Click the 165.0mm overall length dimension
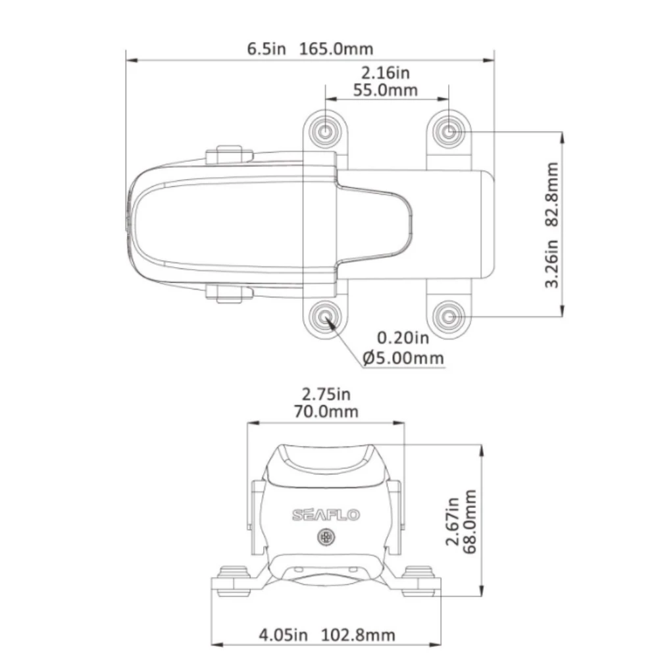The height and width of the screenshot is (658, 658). point(336,49)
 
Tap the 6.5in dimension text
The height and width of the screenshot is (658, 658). point(266,49)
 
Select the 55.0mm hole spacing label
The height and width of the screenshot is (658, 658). point(385,90)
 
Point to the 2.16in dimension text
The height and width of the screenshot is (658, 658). point(385,73)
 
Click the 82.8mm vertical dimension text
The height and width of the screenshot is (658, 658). point(552,194)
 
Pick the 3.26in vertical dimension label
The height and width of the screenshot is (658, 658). point(552,264)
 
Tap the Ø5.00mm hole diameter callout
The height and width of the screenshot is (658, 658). point(403,359)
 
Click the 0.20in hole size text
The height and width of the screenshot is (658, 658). point(403,338)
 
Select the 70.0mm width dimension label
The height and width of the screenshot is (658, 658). point(326,412)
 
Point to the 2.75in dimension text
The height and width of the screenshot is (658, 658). point(326,394)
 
